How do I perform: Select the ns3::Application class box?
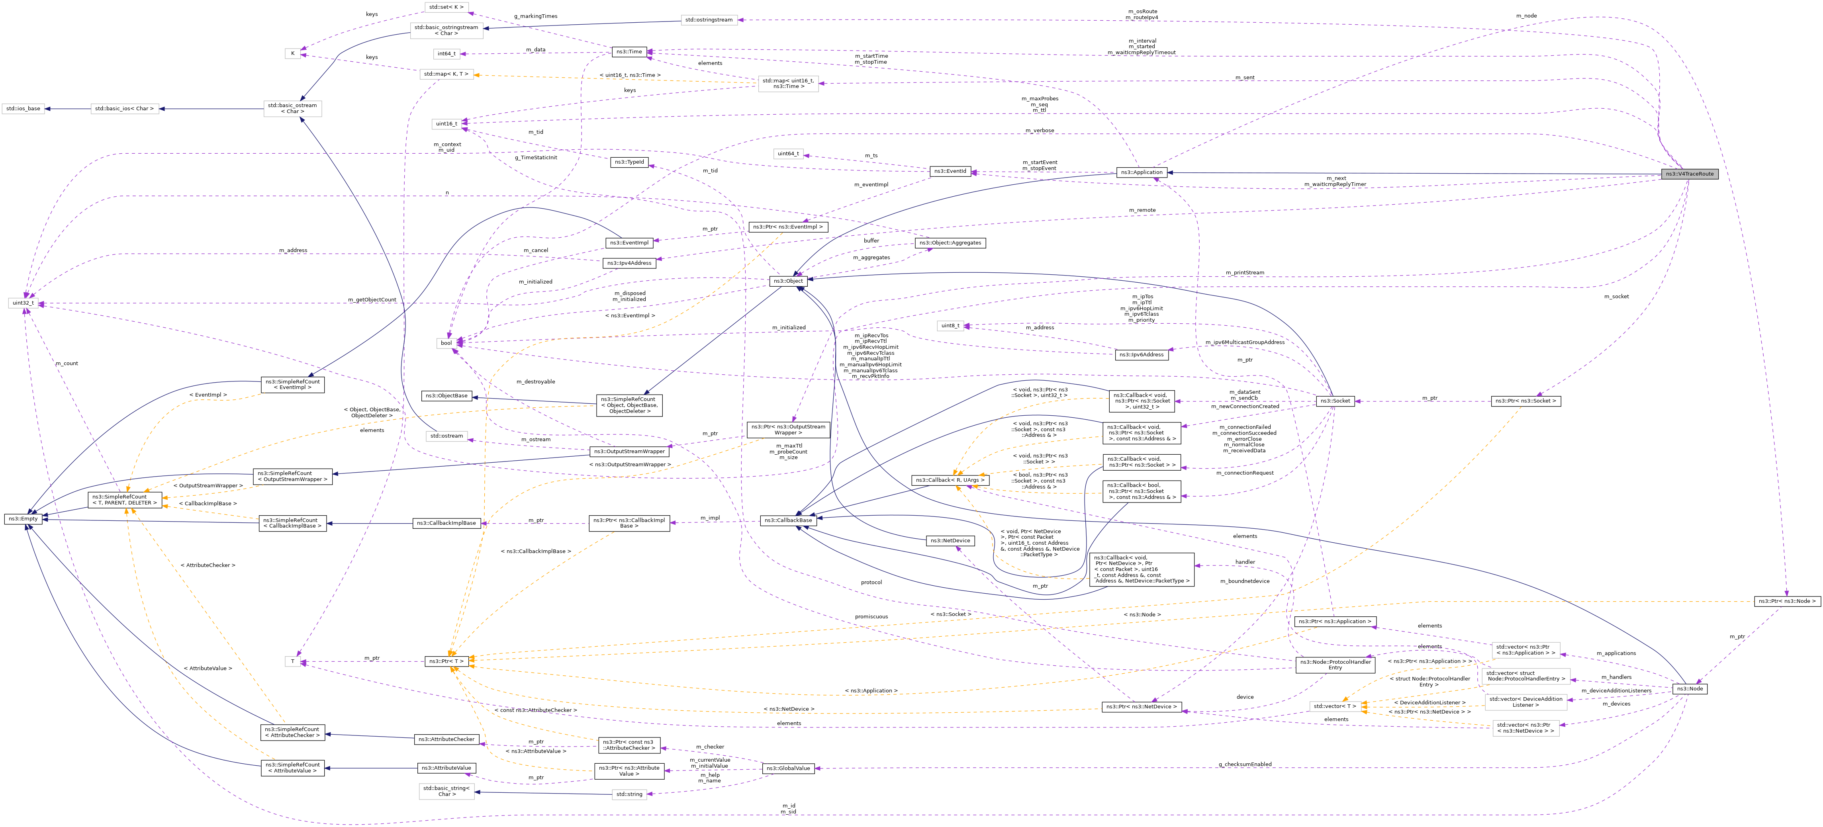(1142, 173)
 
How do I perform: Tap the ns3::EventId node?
(950, 171)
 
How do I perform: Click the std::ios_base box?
(23, 109)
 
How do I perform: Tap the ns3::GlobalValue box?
(788, 769)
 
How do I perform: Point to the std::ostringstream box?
(709, 20)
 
